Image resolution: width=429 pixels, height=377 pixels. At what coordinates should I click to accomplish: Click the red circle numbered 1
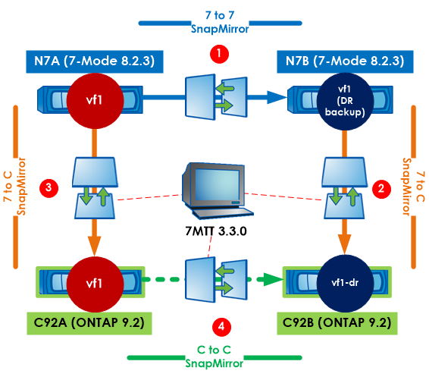click(218, 55)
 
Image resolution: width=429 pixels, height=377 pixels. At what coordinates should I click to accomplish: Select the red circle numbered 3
click(49, 186)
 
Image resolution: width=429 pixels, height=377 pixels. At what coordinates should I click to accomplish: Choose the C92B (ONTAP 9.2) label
click(342, 322)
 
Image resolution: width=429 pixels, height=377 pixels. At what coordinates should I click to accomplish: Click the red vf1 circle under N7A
click(94, 98)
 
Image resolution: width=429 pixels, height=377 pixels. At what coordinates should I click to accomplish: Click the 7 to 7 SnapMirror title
click(218, 22)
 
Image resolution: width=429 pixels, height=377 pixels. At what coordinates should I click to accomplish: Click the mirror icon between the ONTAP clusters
click(218, 281)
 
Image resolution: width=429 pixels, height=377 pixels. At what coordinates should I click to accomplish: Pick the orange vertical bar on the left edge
click(14, 186)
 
